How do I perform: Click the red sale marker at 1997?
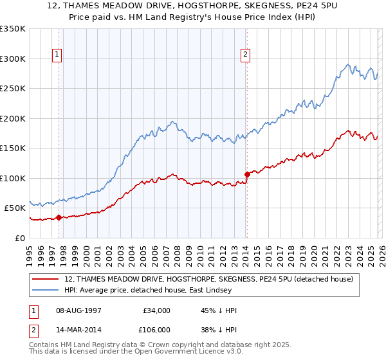pos(59,217)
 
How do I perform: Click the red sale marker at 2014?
pos(246,174)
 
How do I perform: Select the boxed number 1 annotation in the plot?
pos(58,55)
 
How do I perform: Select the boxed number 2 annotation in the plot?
pos(246,55)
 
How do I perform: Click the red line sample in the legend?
pos(46,280)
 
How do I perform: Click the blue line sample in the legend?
pos(46,291)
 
